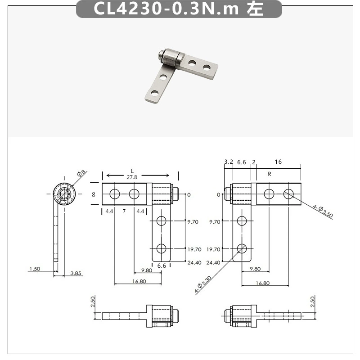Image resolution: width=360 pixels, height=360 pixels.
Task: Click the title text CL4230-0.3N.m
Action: pyautogui.click(x=166, y=9)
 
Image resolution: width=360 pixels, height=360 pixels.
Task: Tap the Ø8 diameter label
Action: pyautogui.click(x=81, y=173)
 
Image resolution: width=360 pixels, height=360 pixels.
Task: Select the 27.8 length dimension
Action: pyautogui.click(x=132, y=177)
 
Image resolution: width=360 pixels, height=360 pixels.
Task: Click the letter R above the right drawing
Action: pyautogui.click(x=269, y=174)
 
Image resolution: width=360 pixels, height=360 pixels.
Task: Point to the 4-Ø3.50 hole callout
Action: pyautogui.click(x=323, y=211)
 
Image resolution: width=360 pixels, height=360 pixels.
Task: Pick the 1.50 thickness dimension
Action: pyautogui.click(x=35, y=269)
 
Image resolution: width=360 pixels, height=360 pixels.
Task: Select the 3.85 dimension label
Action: pyautogui.click(x=76, y=273)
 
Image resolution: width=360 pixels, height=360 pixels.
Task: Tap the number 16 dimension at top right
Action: pyautogui.click(x=278, y=162)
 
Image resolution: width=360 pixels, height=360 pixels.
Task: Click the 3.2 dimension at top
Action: pyautogui.click(x=229, y=162)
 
